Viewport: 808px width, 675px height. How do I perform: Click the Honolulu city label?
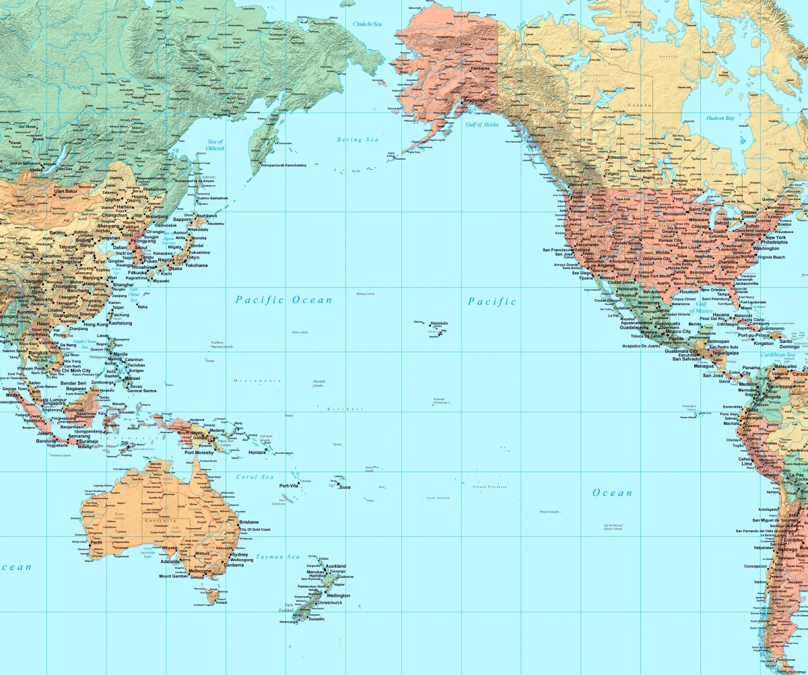click(439, 323)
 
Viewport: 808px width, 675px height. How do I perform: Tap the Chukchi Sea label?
click(368, 24)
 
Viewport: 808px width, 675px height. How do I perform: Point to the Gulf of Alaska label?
click(482, 124)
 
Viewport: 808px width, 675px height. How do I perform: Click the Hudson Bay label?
click(720, 118)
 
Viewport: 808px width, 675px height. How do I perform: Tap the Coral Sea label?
click(255, 477)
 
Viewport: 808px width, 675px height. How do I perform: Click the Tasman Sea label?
click(278, 557)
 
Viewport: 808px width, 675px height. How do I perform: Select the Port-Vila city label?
click(289, 485)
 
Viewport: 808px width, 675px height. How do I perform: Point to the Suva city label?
click(345, 486)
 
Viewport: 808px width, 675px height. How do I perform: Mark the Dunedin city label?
click(316, 619)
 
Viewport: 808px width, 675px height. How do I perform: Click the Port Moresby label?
click(199, 453)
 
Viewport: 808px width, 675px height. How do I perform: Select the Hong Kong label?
click(96, 324)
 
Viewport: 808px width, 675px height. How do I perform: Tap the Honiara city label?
click(257, 453)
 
